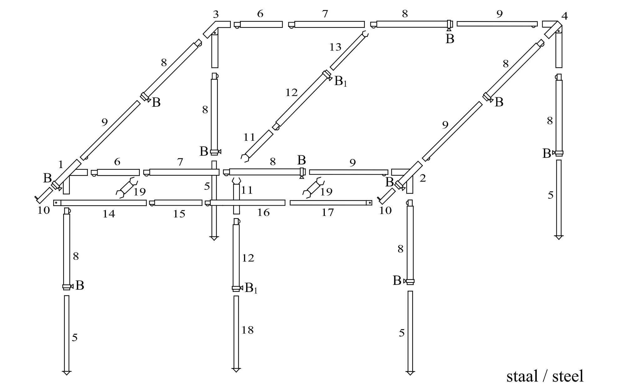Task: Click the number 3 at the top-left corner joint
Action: [216, 14]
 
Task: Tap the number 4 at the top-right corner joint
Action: [564, 16]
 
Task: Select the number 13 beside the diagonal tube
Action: [335, 47]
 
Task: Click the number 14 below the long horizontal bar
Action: [109, 214]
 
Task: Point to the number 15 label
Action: [179, 214]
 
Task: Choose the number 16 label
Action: [263, 213]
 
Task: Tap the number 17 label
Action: [327, 213]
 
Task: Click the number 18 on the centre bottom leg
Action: [247, 330]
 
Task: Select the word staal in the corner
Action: [522, 376]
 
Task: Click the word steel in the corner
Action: [568, 376]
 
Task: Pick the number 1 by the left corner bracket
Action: [61, 164]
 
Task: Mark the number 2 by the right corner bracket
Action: [423, 179]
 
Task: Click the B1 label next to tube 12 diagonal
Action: [341, 81]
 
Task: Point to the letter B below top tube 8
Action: [450, 39]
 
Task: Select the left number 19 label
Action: [139, 191]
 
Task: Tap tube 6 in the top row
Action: [261, 24]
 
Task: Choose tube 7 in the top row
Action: [329, 24]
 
